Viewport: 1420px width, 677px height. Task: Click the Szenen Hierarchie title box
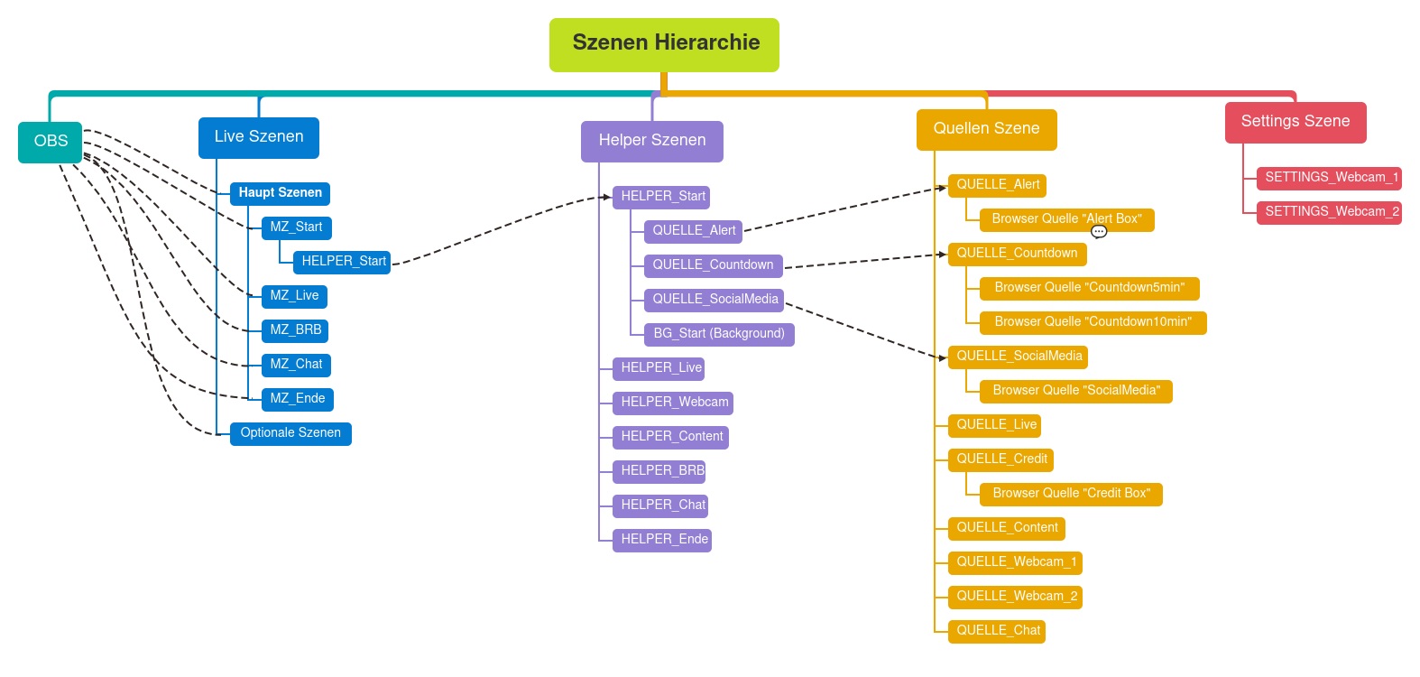tap(664, 44)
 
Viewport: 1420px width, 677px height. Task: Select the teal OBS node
tap(51, 142)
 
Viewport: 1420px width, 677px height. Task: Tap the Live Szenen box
tap(259, 137)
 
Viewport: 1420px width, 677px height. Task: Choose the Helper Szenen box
tap(651, 141)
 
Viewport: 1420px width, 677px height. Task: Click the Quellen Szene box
tap(986, 129)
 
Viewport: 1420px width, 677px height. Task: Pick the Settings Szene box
tap(1295, 122)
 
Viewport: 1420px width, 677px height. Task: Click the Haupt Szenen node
tap(280, 193)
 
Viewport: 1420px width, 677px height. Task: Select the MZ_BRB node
tap(296, 330)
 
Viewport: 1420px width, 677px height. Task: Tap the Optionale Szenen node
tap(290, 433)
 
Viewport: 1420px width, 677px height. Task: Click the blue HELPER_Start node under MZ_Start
tap(343, 262)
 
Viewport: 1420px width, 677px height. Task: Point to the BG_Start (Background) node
tap(718, 334)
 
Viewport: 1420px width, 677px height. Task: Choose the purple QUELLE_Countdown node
tap(712, 265)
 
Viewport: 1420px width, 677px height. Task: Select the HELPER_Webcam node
tap(674, 403)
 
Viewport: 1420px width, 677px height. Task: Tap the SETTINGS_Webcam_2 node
tap(1331, 212)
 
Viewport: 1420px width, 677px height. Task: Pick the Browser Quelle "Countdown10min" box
tap(1093, 322)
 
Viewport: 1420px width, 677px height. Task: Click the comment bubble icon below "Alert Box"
tap(1099, 232)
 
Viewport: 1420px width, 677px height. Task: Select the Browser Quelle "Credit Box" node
tap(1071, 494)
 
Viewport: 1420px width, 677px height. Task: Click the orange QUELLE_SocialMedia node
tap(1019, 357)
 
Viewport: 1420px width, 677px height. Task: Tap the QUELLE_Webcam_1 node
tap(1016, 562)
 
